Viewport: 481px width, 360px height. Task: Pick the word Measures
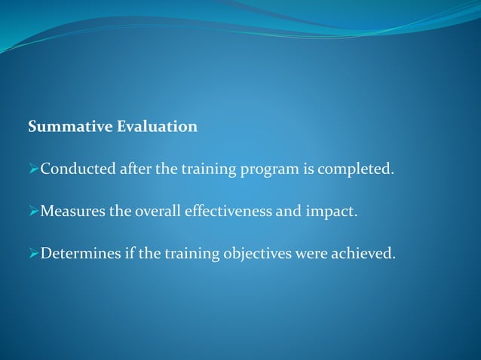click(73, 211)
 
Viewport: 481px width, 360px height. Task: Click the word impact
click(333, 212)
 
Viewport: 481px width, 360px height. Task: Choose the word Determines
click(80, 253)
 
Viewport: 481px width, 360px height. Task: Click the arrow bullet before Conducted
click(33, 169)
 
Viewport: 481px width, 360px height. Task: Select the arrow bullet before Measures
click(33, 211)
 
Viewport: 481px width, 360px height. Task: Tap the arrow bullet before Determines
click(33, 253)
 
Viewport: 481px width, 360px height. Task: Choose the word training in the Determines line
click(193, 254)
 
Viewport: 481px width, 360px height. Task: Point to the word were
click(311, 253)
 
